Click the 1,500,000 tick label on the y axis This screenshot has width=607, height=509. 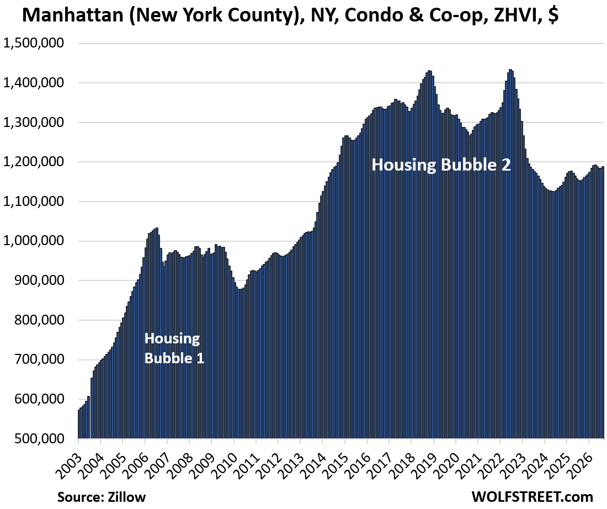(x=33, y=43)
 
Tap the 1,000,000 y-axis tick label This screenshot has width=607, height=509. (x=33, y=241)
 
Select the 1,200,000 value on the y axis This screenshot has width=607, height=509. (x=33, y=162)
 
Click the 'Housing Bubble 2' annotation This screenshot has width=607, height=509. (x=441, y=165)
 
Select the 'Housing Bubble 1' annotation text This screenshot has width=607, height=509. (x=174, y=348)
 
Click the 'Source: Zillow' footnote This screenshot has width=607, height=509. (x=102, y=497)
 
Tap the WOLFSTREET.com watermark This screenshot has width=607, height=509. (x=532, y=497)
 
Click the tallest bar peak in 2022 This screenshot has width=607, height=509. (x=510, y=70)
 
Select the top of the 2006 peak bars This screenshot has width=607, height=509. (x=156, y=228)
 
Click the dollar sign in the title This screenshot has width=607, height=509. (x=553, y=15)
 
